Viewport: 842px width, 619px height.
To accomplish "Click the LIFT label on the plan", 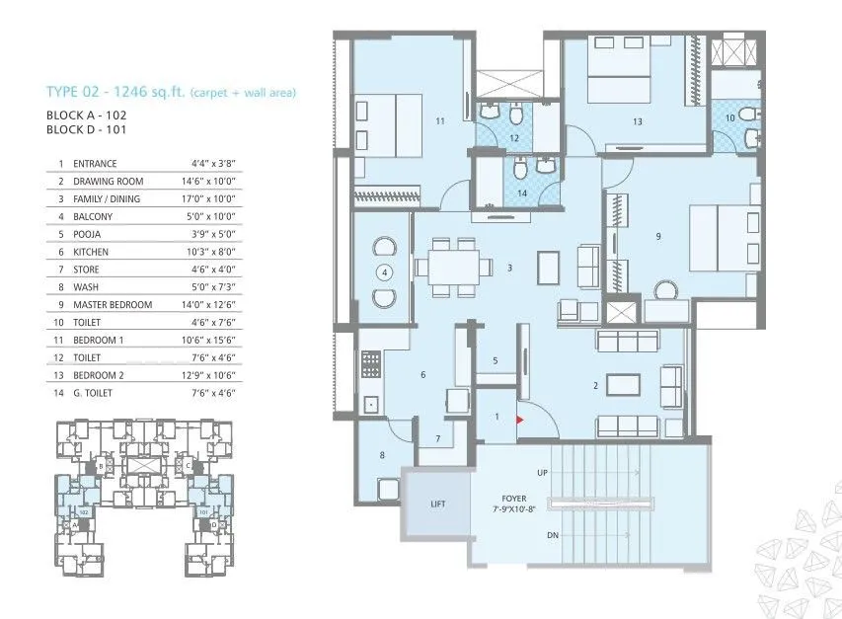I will [437, 504].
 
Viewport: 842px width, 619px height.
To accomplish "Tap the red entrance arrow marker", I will [520, 420].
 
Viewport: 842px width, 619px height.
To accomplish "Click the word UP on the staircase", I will [542, 473].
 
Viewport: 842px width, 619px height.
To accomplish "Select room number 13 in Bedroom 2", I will [638, 121].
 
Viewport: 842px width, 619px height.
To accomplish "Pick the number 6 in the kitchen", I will [422, 375].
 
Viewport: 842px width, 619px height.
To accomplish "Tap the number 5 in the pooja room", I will [495, 361].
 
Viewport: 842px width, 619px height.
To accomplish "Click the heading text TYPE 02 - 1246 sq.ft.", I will [121, 93].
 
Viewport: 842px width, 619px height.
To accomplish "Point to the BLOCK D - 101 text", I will [88, 129].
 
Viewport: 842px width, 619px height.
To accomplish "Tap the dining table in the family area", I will [453, 265].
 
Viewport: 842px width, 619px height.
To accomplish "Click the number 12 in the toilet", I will [514, 137].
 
